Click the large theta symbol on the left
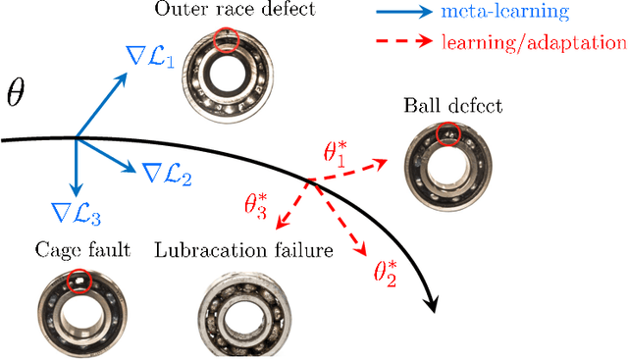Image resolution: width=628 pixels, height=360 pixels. click(x=17, y=95)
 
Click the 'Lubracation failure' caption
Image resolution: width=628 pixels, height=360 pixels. click(x=243, y=250)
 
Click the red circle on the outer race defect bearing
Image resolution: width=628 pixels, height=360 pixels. click(x=229, y=38)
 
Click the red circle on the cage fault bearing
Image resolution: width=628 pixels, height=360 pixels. click(x=78, y=282)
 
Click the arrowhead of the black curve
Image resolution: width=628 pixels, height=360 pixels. click(x=431, y=306)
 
